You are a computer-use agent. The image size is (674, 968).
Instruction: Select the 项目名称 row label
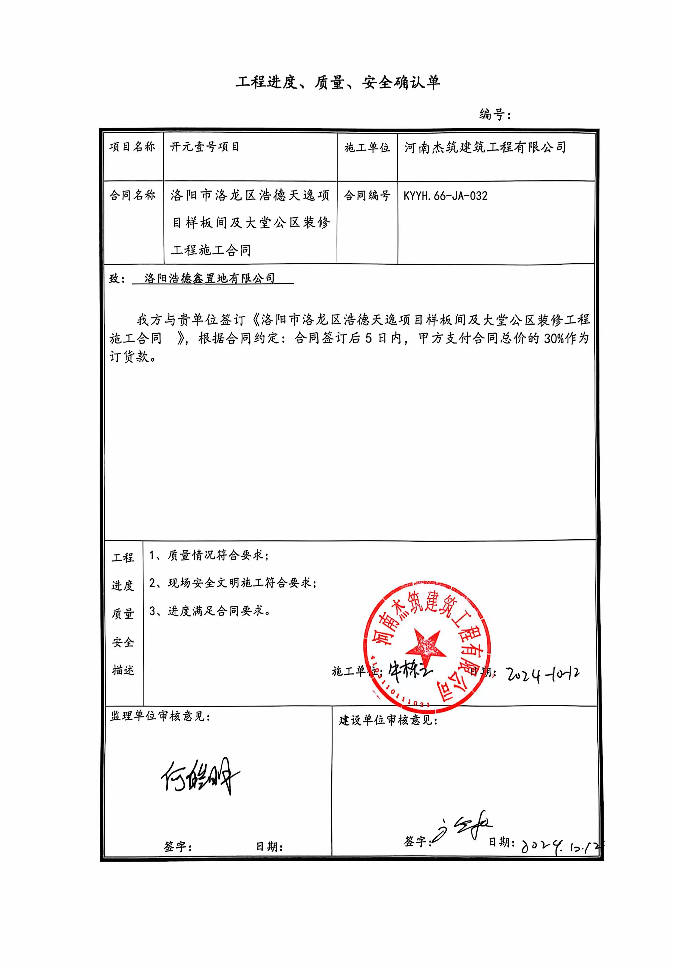[x=132, y=147]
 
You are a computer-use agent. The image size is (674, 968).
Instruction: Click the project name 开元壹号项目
[x=205, y=147]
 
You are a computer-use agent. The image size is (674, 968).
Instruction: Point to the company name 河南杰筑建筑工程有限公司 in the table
[x=485, y=147]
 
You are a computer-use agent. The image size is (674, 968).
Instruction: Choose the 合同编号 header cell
[x=367, y=196]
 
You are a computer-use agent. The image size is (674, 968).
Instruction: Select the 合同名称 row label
[x=132, y=195]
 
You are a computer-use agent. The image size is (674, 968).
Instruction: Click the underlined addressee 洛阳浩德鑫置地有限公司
[x=210, y=278]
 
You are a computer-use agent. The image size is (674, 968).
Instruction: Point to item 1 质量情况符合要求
[x=209, y=555]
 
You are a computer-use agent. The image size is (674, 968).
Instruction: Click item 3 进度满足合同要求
[x=210, y=611]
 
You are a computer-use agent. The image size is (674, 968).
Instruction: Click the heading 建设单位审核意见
[x=388, y=720]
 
